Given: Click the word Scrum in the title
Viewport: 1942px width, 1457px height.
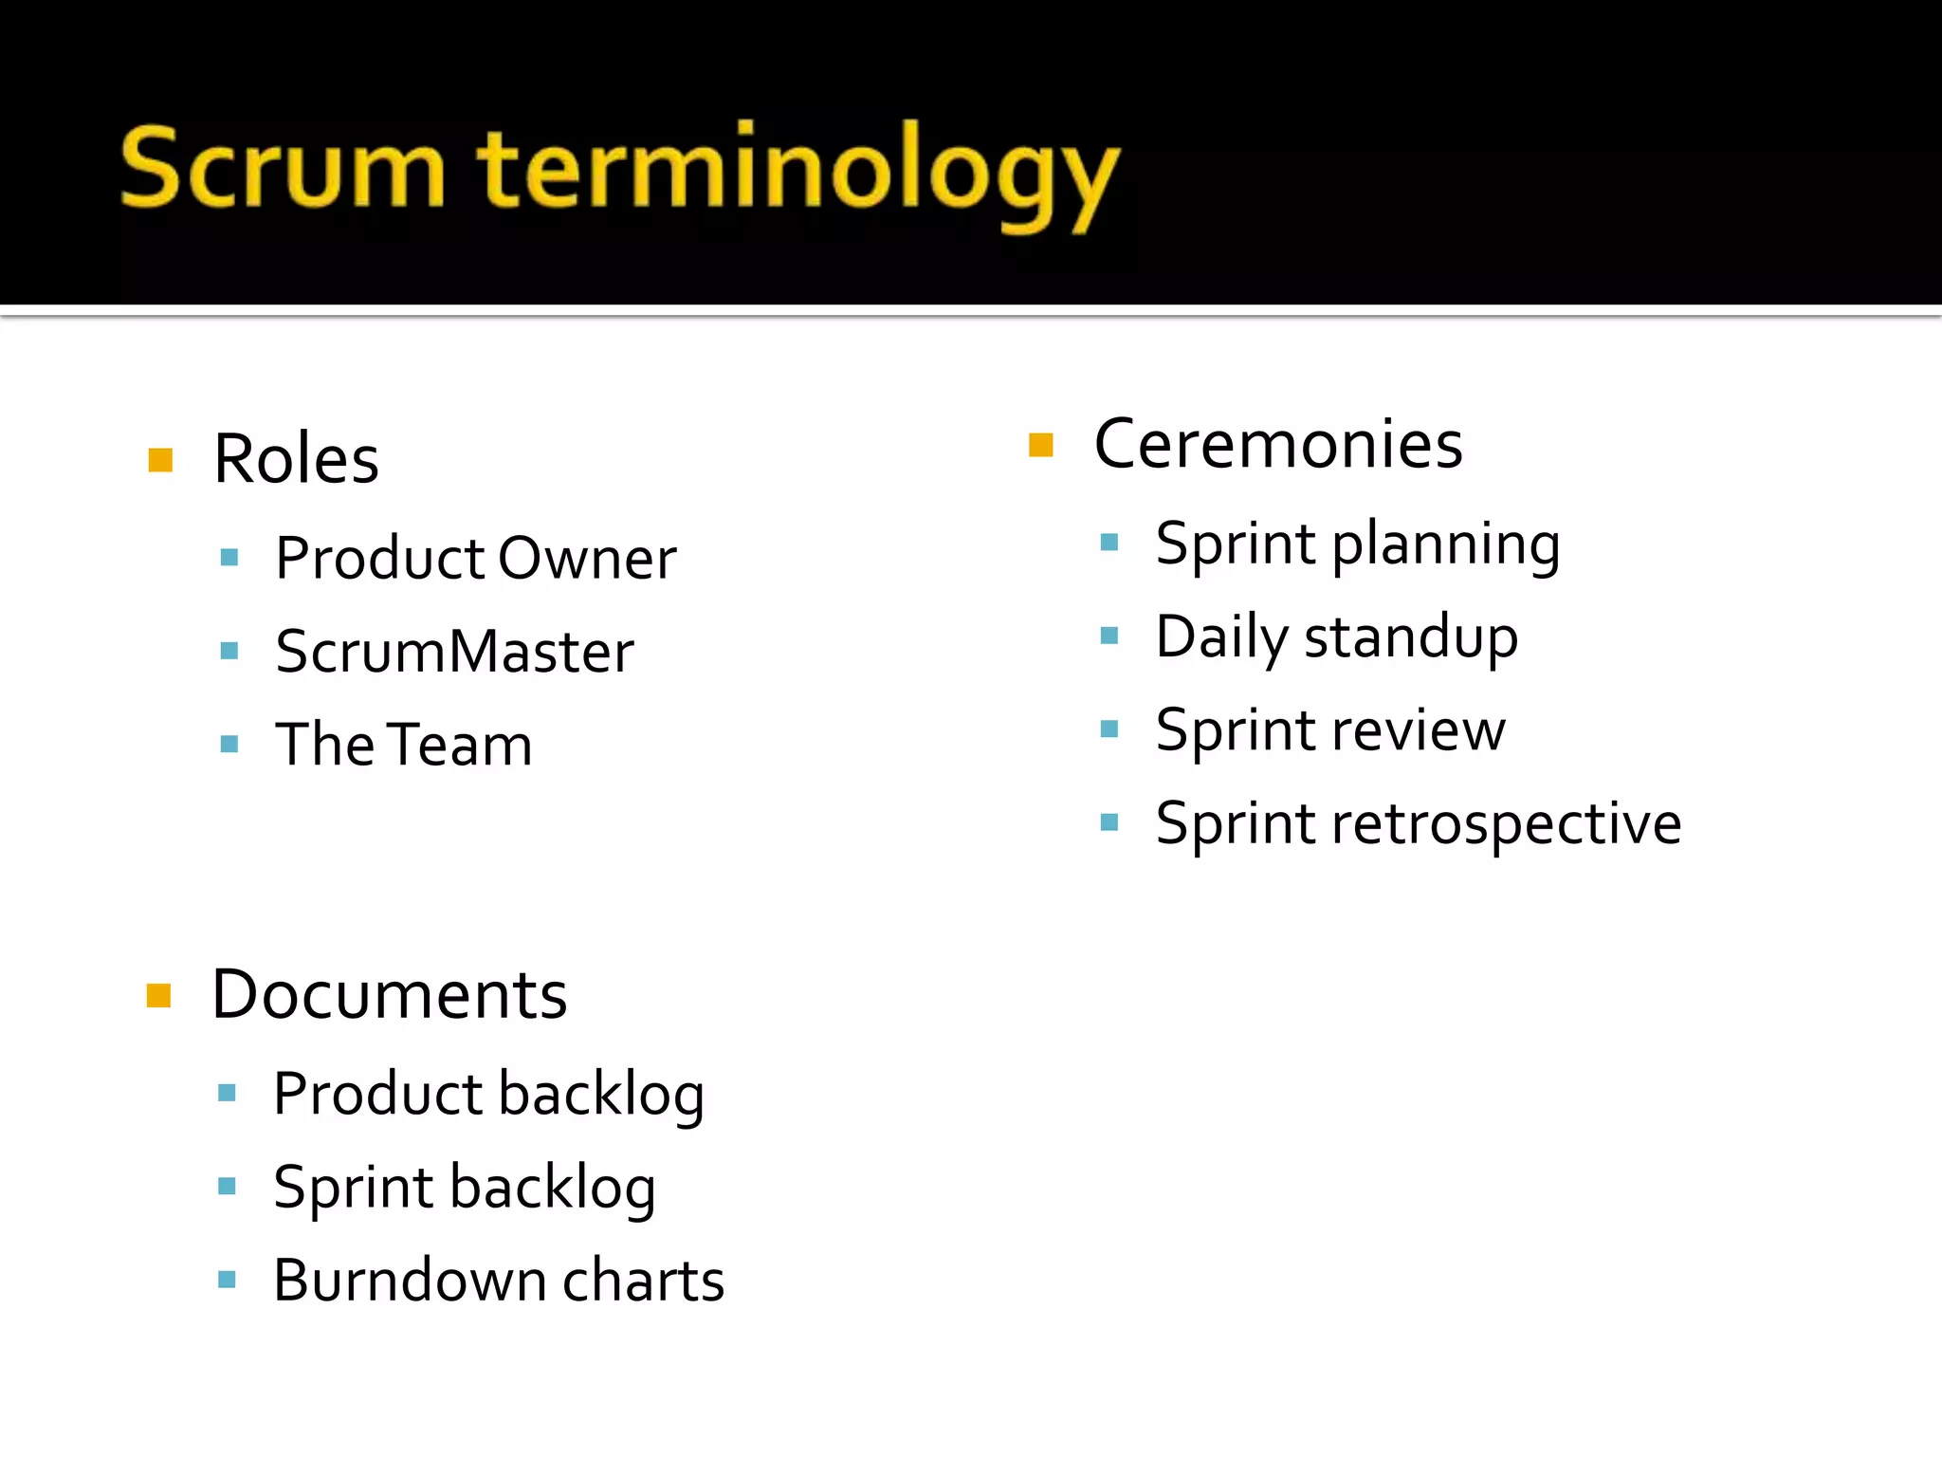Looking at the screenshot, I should click(x=283, y=169).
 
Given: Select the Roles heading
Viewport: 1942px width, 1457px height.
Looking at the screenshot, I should click(x=296, y=459).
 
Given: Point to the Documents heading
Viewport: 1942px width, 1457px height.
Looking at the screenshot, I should click(x=389, y=995).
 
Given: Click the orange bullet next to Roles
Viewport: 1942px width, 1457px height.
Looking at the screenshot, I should click(x=160, y=460).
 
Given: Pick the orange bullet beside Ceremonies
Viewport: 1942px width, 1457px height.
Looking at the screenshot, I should click(x=1040, y=445).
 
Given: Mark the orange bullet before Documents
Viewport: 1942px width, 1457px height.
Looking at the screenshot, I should click(x=158, y=996).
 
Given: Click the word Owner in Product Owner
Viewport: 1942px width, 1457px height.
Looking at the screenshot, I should click(x=587, y=558).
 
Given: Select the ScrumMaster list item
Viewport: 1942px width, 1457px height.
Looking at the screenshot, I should click(x=454, y=652).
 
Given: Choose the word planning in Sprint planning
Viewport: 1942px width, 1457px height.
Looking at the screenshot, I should click(x=1445, y=545).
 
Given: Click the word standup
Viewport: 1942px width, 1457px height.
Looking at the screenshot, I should click(x=1411, y=637).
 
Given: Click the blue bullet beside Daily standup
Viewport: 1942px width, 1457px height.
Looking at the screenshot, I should click(x=1108, y=636).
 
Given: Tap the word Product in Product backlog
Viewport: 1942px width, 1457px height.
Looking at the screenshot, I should click(x=378, y=1094).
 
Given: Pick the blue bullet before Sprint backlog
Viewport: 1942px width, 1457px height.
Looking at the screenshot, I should click(x=227, y=1186).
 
